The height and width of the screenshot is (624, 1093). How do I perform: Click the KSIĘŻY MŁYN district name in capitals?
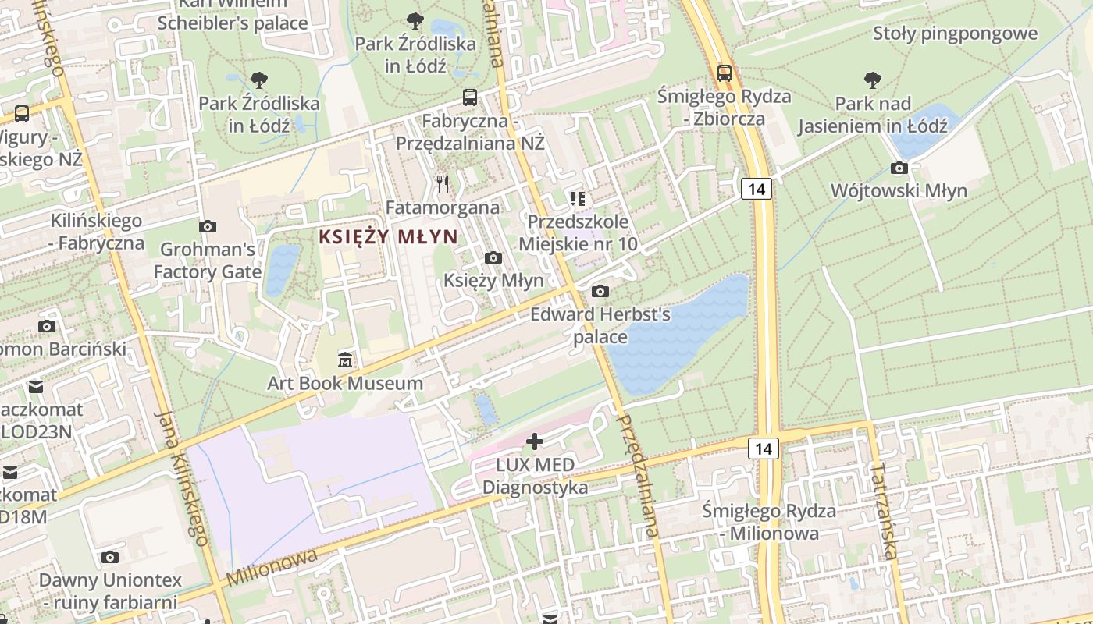tap(388, 236)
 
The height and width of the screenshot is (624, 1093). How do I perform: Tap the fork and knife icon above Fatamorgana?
tap(443, 183)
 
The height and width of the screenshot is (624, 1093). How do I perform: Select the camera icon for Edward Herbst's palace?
tap(600, 292)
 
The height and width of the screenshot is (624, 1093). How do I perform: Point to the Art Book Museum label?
tap(345, 383)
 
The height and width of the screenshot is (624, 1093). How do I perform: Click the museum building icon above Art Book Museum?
tap(344, 360)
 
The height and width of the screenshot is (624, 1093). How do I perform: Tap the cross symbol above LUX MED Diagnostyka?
tap(535, 441)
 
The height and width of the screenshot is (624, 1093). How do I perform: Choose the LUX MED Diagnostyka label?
tap(536, 477)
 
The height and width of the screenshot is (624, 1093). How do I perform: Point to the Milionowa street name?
tap(272, 567)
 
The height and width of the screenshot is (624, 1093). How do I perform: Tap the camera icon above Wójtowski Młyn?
tap(899, 168)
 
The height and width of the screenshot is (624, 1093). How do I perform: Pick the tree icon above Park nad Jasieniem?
tap(873, 80)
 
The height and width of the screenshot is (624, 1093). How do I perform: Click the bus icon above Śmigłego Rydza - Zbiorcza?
tap(725, 73)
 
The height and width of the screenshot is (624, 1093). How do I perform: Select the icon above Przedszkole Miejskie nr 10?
tap(578, 199)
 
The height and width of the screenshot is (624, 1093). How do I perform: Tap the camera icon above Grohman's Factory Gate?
tap(208, 226)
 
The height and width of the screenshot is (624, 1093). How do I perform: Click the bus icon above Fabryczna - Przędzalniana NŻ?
tap(470, 97)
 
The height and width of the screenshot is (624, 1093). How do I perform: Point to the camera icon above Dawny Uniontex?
tap(110, 557)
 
